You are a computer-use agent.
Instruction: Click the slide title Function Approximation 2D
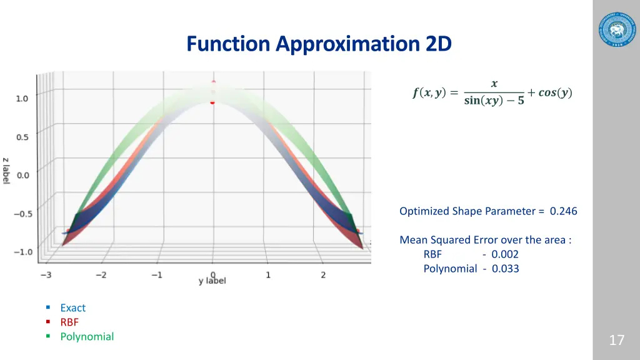[319, 44]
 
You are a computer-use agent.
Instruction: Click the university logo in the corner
[616, 29]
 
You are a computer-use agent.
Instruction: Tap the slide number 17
[616, 340]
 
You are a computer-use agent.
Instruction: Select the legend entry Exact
[72, 307]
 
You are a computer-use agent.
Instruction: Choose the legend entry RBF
[69, 322]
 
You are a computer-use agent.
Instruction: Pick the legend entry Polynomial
[87, 336]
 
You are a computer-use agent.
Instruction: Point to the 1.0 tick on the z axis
[22, 98]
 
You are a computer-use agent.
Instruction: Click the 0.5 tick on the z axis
[22, 137]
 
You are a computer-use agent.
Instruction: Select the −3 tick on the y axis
[46, 275]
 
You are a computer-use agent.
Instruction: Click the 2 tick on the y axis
[323, 275]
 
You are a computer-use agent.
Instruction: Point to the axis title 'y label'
[212, 281]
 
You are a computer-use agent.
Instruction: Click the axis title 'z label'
[6, 170]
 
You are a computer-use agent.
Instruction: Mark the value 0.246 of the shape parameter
[563, 211]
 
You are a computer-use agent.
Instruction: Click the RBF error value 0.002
[505, 254]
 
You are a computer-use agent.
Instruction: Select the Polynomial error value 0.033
[505, 269]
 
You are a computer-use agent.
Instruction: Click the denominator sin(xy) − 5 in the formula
[494, 101]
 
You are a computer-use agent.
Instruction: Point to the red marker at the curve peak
[212, 101]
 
